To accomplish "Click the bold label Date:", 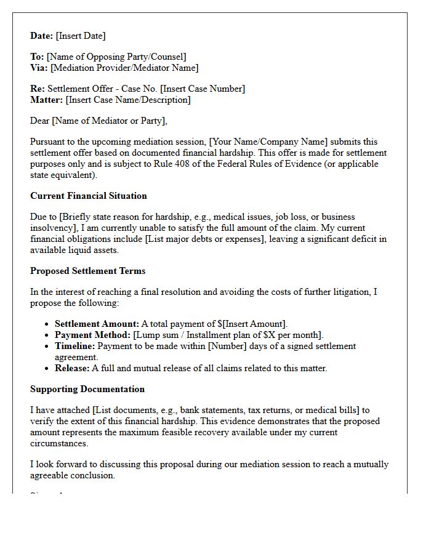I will pos(42,36).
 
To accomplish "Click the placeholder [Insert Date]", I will pos(81,36).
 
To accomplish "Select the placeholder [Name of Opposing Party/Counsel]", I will pos(117,57).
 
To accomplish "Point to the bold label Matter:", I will pos(47,100).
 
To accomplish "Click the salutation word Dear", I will pos(40,121).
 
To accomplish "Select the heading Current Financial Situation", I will pos(89,196).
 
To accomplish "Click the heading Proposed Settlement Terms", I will pos(87,271).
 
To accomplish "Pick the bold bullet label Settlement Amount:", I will pos(97,324).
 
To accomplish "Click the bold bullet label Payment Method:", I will pos(92,335).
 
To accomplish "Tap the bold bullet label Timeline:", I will pos(75,346).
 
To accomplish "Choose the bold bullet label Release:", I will pos(73,368).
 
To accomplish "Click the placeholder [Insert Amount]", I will pos(256,324).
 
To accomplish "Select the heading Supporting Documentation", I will pos(87,389).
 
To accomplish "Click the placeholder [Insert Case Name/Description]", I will pos(128,100).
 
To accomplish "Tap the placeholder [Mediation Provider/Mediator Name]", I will pos(124,68).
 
